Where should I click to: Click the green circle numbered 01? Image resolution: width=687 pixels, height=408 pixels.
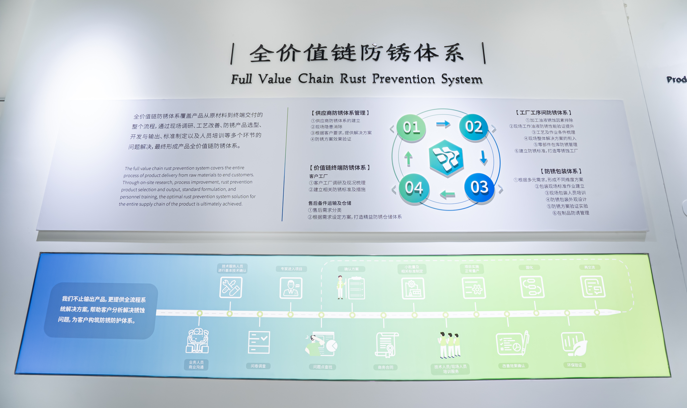coord(411,128)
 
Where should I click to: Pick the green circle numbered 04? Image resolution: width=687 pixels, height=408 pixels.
coord(414,188)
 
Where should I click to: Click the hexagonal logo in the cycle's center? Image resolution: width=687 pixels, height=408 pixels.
coord(446,158)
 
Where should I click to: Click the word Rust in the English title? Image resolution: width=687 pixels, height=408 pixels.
coord(353,79)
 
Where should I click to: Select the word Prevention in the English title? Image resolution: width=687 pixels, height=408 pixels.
coord(403,79)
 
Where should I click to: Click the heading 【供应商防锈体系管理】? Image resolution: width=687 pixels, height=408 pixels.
coord(340,113)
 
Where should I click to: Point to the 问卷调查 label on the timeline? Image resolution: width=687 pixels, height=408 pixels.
coord(258,366)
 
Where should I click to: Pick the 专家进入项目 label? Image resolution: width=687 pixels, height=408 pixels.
coord(291,269)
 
